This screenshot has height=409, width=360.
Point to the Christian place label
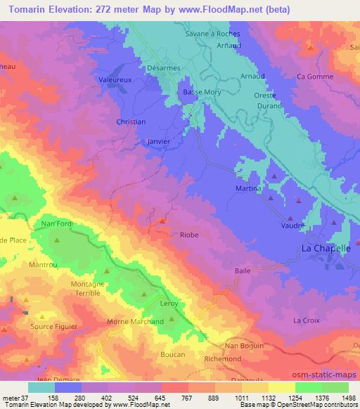130,122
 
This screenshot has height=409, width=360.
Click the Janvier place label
159,140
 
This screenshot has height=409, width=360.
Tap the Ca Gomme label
315,76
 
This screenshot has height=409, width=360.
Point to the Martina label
248,189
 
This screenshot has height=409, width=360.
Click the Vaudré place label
292,225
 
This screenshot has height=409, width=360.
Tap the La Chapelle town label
326,248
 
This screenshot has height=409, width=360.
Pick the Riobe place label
189,235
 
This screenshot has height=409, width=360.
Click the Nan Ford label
57,224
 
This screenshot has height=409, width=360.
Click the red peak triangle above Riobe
162,221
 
